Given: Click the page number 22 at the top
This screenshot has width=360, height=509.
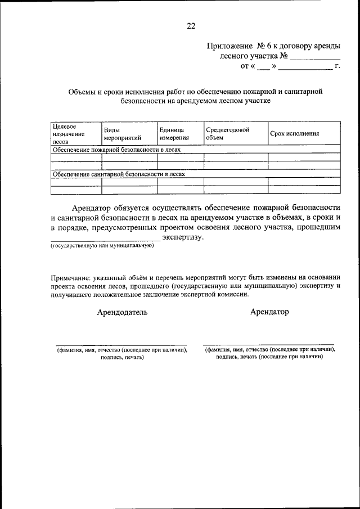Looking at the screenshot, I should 191,25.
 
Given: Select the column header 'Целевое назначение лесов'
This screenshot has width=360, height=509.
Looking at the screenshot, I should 68,134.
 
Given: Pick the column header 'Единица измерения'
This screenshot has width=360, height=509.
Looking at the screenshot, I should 174,133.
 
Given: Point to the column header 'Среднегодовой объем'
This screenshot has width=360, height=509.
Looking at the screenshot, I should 227,133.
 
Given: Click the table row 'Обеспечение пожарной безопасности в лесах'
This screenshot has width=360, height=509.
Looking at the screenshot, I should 116,150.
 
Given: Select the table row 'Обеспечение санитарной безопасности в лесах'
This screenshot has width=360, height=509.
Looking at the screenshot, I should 119,174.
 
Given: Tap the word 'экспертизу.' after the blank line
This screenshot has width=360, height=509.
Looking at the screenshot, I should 183,237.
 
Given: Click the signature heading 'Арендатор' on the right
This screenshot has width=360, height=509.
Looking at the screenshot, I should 269,312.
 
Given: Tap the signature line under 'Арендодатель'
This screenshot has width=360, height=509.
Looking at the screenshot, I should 121,345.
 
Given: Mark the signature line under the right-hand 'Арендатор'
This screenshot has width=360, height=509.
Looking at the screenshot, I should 268,344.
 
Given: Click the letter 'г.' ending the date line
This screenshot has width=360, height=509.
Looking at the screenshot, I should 337,67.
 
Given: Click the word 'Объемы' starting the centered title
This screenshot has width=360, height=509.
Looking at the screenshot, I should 80,91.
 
